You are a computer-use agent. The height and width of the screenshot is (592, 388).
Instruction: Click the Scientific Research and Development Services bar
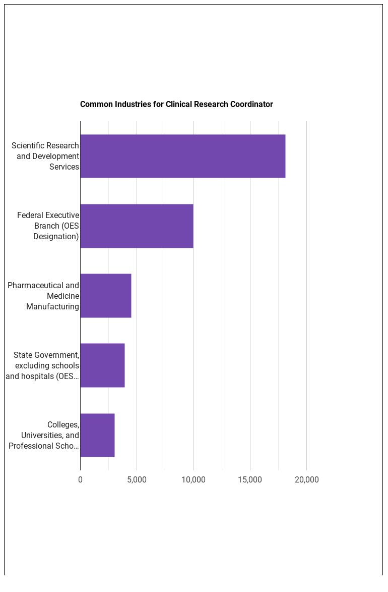pos(182,156)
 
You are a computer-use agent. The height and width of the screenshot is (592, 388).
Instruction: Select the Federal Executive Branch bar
pos(137,226)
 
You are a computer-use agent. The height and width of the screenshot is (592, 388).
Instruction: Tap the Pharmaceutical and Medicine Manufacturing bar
pos(105,296)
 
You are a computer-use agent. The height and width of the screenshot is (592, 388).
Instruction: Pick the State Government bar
pos(102,365)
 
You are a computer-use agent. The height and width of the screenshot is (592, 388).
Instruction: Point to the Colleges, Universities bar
pos(97,435)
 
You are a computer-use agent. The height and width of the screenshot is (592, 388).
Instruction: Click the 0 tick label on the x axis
pos(80,479)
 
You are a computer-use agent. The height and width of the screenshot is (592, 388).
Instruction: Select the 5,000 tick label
pos(137,479)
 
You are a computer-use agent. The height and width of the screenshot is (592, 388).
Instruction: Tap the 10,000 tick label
pos(193,479)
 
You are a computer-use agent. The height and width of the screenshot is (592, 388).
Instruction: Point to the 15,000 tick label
pos(250,479)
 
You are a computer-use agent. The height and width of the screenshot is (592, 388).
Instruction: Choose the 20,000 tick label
pos(306,479)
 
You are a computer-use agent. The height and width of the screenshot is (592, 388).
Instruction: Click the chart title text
pos(176,104)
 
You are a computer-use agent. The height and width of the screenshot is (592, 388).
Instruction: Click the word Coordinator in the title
pos(251,104)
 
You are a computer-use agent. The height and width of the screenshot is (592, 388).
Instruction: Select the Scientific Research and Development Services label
pos(45,156)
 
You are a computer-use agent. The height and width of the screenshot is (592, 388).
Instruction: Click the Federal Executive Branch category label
pos(48,226)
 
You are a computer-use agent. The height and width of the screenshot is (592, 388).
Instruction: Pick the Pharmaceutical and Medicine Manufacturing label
pos(43,296)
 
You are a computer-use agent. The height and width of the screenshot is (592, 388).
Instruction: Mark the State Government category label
pos(42,365)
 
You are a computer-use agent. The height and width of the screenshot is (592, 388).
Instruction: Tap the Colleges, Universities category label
pos(44,435)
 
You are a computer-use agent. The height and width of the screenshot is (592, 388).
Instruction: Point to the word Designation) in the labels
pos(56,236)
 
